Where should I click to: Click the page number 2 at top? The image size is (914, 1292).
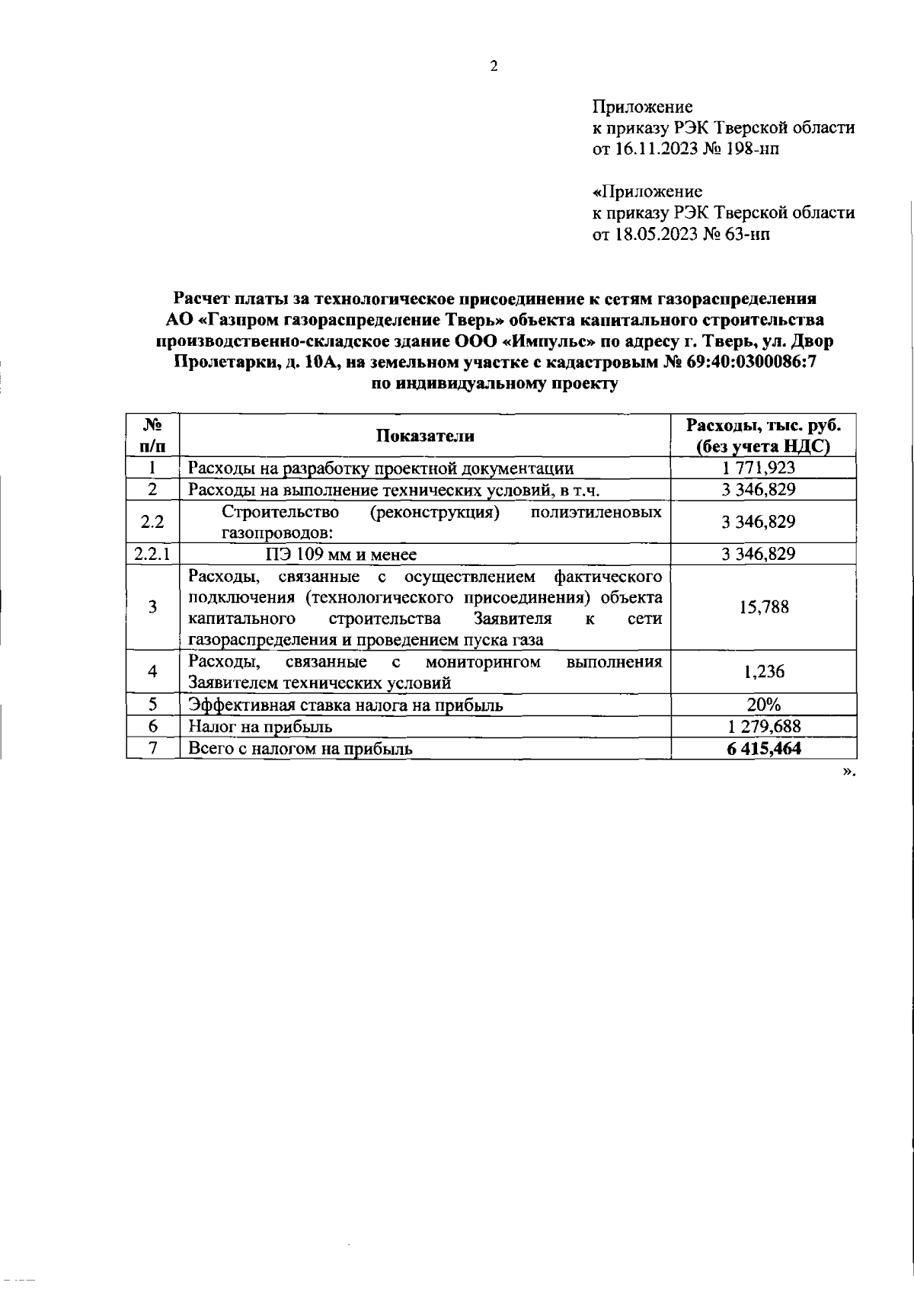493,66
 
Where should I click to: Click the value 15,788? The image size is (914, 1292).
764,607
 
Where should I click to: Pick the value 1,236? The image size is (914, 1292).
764,671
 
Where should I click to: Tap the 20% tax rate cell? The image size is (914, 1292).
764,705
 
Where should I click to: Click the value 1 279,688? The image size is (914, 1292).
764,727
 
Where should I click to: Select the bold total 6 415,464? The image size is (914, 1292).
764,749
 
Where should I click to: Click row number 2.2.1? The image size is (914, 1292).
152,554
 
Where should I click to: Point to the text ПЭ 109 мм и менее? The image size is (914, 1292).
340,554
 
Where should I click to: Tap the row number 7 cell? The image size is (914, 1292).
153,748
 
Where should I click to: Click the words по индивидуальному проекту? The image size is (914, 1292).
494,384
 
